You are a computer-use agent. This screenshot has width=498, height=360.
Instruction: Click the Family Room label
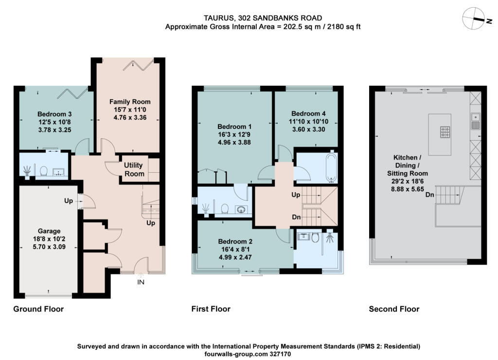[130, 102]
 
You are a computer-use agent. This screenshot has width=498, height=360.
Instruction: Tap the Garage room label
[49, 231]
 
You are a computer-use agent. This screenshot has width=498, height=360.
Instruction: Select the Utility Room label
[134, 169]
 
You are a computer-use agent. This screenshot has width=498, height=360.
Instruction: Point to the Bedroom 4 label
[308, 113]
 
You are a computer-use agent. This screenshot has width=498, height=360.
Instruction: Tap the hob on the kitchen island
[445, 132]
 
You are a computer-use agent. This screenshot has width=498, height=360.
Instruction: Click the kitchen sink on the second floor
[476, 121]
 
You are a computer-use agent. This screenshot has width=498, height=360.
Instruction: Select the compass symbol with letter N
[475, 19]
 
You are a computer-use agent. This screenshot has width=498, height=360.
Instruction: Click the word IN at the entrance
[141, 282]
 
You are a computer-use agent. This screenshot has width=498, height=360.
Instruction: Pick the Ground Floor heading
[38, 309]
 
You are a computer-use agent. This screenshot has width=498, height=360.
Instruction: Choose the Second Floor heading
[394, 309]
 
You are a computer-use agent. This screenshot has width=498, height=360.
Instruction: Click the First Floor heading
[211, 309]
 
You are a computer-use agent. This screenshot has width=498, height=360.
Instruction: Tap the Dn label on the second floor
[430, 195]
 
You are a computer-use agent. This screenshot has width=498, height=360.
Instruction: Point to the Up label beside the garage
[69, 201]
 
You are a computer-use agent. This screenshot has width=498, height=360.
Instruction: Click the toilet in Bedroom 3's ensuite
[43, 171]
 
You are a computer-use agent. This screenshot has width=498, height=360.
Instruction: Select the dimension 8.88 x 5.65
[408, 189]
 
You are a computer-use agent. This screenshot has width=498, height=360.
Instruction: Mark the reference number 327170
[280, 354]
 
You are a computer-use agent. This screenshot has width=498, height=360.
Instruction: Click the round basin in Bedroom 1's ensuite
[242, 210]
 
